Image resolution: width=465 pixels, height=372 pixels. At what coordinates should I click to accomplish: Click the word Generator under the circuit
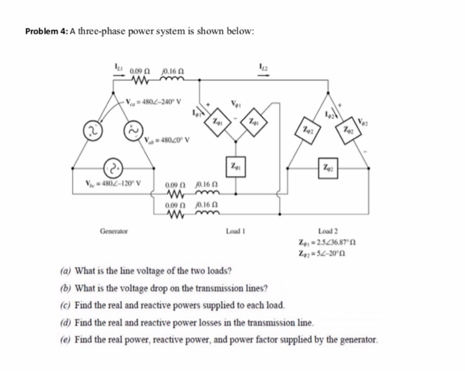115,232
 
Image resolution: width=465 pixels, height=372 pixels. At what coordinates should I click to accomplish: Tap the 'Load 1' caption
237,232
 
